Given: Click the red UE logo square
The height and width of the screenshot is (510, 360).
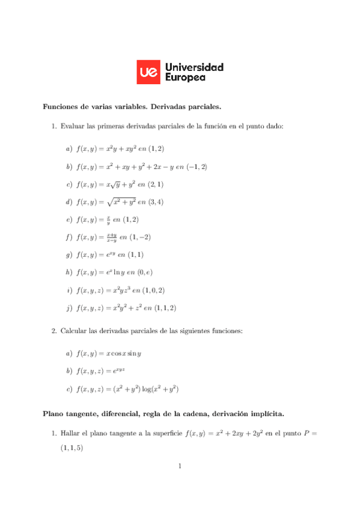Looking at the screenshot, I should point(148,72).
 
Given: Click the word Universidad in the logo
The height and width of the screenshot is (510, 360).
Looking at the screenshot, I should point(194,67).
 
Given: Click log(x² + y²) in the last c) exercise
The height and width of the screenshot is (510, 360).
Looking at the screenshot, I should point(159,389).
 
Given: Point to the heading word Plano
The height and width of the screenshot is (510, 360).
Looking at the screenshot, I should point(53,414).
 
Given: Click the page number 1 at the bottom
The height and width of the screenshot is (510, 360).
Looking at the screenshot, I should point(180,465).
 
